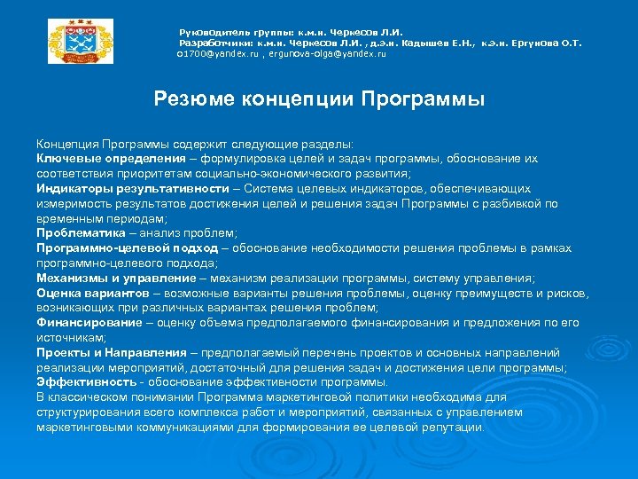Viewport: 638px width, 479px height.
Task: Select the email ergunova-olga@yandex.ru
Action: tap(334, 54)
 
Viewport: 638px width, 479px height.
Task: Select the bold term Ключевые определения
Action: tap(98, 158)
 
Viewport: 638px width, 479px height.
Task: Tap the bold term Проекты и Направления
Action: tap(100, 352)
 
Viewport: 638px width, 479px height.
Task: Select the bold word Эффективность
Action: tap(84, 382)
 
